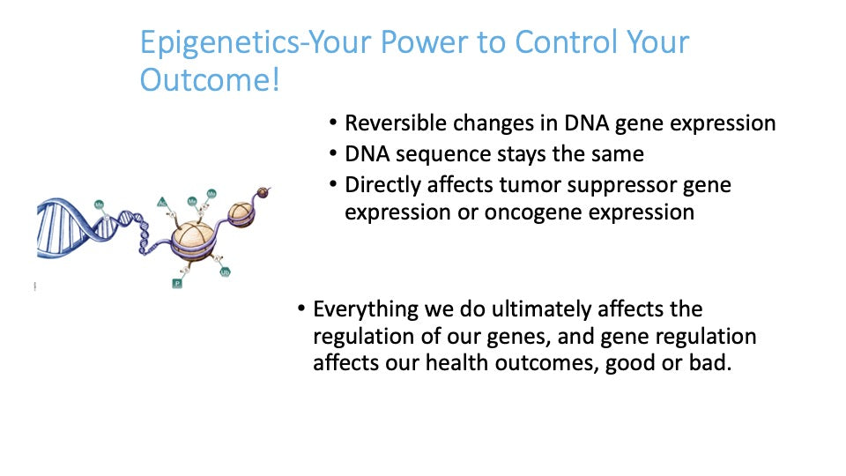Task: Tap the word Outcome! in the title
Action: point(210,80)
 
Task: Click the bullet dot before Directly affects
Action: point(333,184)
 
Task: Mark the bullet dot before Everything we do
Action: point(301,309)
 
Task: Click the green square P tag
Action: point(177,283)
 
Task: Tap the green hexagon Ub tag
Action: point(225,272)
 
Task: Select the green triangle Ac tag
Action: point(161,203)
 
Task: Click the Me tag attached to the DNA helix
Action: point(99,205)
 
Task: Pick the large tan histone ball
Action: point(193,240)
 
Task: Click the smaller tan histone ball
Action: point(241,212)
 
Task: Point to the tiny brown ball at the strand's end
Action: point(263,191)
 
